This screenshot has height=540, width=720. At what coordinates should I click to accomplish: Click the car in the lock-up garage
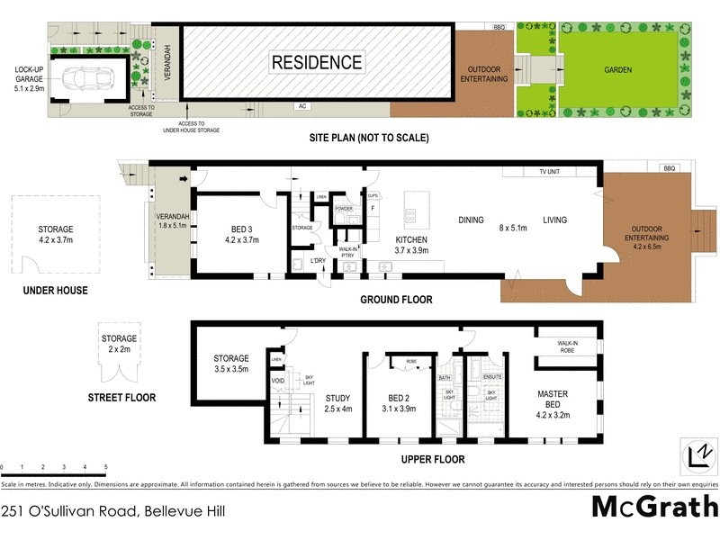pos(87,77)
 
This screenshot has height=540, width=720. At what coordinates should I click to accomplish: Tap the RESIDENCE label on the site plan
pos(317,62)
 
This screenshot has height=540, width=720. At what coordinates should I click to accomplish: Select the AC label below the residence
pos(303,106)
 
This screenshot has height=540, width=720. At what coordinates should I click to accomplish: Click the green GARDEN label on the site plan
pos(617,69)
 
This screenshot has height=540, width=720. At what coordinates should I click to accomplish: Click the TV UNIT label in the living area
pos(550,171)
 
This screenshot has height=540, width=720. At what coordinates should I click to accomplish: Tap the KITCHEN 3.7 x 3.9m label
pos(412,245)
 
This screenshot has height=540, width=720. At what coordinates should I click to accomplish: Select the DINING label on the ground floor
pos(471,220)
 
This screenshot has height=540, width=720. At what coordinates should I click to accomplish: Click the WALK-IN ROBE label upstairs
pos(567,347)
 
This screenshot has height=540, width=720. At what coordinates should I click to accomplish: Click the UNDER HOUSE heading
pos(56,291)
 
